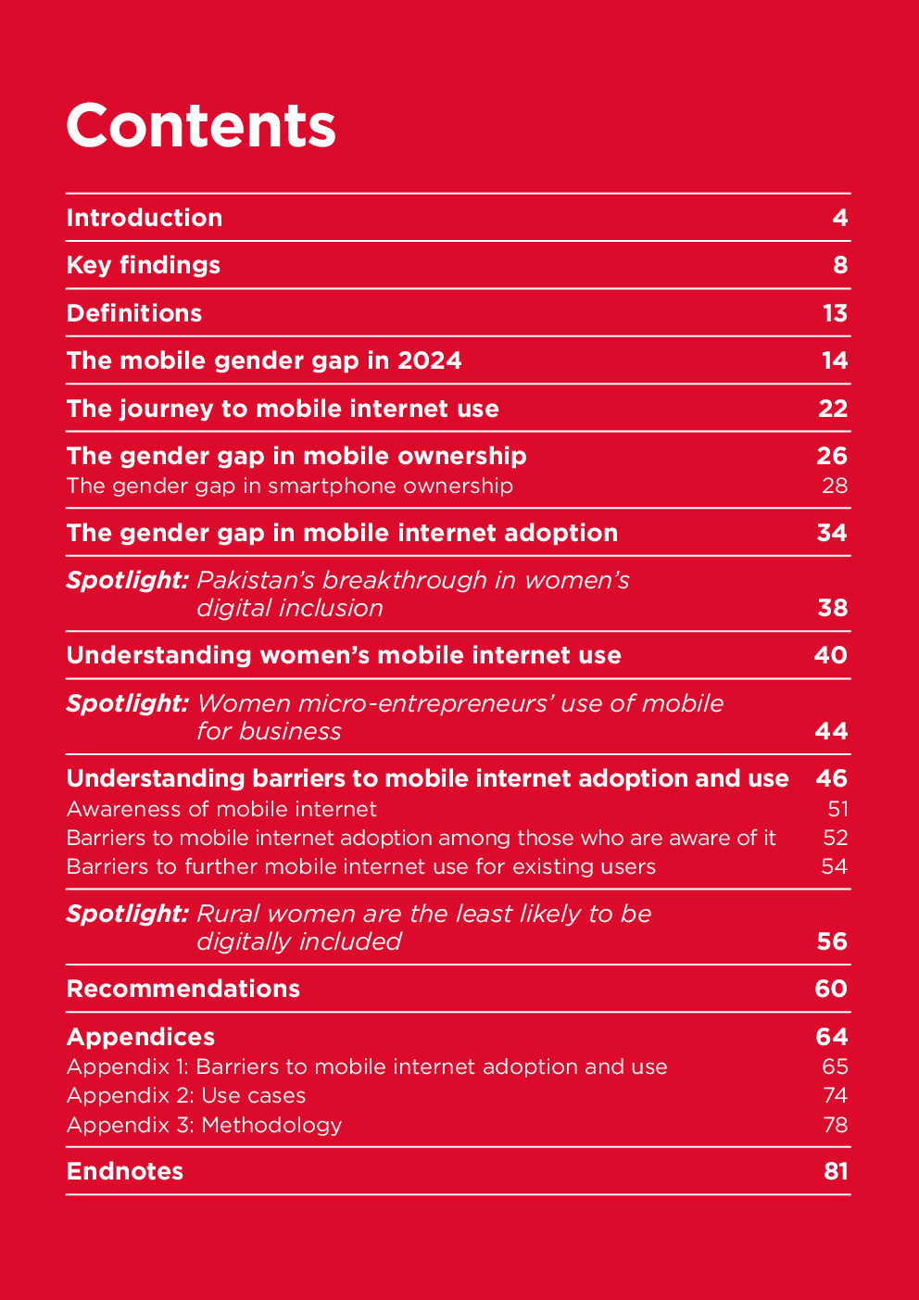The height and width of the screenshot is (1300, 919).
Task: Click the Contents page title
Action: (200, 125)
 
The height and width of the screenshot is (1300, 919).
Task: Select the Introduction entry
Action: (145, 218)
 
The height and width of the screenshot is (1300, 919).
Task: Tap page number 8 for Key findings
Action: (840, 266)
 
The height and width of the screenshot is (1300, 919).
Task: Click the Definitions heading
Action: (134, 313)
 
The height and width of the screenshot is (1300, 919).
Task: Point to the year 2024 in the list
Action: (429, 360)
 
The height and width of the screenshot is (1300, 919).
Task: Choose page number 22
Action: (833, 409)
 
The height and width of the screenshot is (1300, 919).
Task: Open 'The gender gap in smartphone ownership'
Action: (289, 486)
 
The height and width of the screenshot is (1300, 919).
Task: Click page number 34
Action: (832, 533)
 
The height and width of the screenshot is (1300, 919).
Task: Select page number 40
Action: (831, 655)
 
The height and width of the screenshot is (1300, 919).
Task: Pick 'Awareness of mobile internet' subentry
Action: (221, 809)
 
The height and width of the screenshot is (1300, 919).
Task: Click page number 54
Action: (835, 866)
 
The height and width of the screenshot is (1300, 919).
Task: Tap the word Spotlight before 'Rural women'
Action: (128, 914)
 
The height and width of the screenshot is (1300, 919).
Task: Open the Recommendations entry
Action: (183, 989)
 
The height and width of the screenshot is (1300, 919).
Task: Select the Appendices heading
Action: (141, 1037)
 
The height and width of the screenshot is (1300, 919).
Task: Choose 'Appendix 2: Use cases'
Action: (186, 1095)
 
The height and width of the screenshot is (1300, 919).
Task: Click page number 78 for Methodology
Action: (835, 1125)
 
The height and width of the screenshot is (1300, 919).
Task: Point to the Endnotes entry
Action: (125, 1171)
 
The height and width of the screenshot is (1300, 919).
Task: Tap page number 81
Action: (836, 1171)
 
